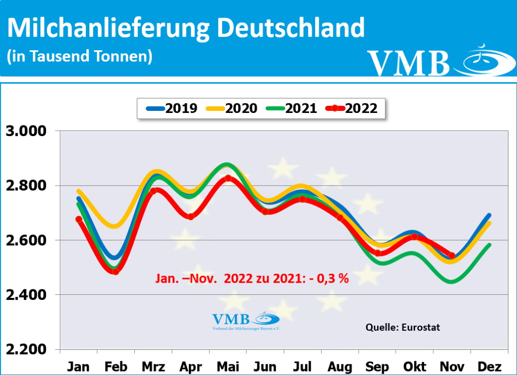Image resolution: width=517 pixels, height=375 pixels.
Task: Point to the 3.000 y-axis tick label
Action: click(26, 132)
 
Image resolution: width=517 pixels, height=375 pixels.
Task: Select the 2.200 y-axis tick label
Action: click(26, 349)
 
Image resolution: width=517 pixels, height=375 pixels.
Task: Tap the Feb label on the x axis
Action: click(116, 366)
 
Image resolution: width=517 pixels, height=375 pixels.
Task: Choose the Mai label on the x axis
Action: click(228, 366)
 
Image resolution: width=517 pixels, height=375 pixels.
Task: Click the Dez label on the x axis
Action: click(489, 366)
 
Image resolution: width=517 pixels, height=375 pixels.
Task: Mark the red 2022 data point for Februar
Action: click(116, 272)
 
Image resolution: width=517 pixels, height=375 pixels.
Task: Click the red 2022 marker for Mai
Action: click(228, 178)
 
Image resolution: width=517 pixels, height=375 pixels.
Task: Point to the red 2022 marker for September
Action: click(377, 253)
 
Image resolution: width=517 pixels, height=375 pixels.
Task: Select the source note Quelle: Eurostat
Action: click(402, 327)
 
